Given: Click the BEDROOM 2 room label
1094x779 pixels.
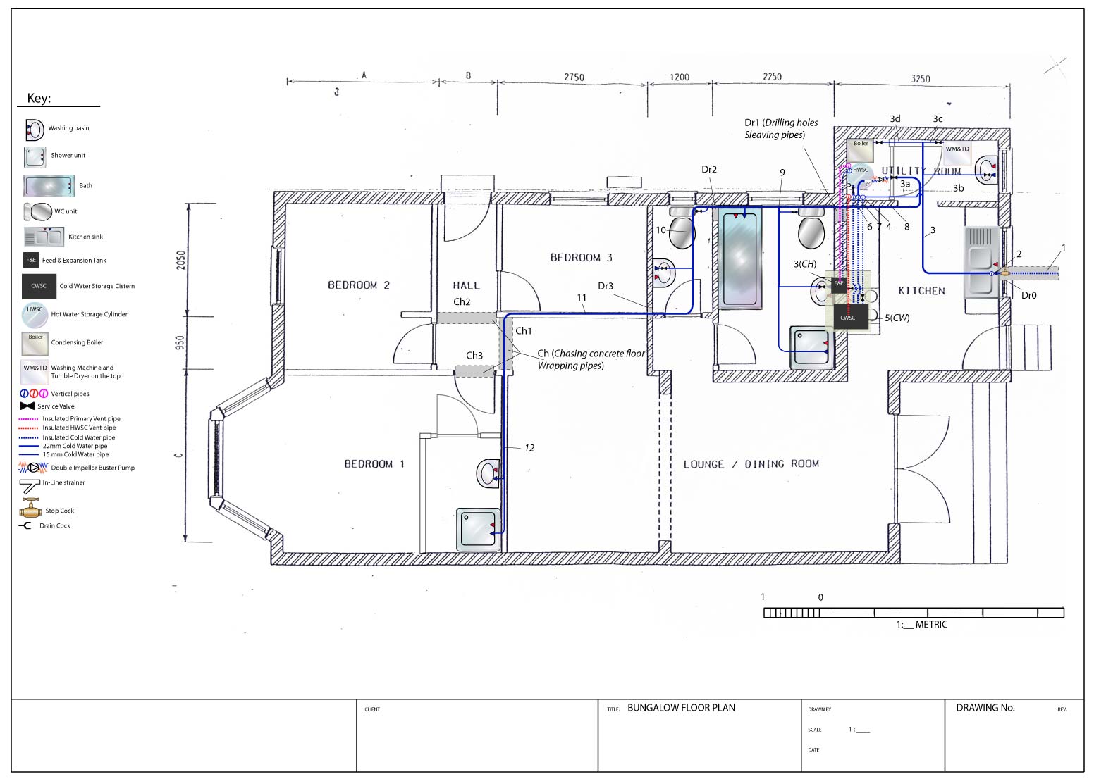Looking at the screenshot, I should click(x=358, y=285).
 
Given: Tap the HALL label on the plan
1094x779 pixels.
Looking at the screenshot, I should click(x=466, y=285).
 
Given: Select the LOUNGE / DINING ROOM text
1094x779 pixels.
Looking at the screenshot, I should click(x=751, y=464).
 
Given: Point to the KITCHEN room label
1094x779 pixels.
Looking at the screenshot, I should click(x=921, y=291).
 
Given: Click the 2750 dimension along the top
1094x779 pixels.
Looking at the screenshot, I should click(x=574, y=77).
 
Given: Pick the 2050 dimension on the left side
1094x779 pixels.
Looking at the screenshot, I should click(x=180, y=260).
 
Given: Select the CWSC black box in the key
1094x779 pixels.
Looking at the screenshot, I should click(x=39, y=286).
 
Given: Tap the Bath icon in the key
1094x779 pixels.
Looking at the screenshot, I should click(x=49, y=186).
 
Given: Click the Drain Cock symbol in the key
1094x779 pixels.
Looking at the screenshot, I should click(x=26, y=525).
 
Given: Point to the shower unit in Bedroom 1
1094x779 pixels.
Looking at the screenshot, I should click(x=479, y=530).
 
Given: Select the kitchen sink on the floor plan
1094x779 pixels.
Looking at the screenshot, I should click(x=981, y=262).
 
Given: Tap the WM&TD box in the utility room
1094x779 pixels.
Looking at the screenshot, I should click(x=957, y=149).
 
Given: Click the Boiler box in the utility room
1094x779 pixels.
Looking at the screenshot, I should click(x=861, y=150).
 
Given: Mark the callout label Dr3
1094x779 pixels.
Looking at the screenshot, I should click(x=605, y=286).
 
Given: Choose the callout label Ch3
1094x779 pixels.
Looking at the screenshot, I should click(x=474, y=356).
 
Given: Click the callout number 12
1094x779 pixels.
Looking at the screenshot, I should click(x=529, y=448).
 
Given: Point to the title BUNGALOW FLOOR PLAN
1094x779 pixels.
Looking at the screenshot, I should click(x=681, y=708).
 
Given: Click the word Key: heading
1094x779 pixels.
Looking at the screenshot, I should click(x=39, y=98).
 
